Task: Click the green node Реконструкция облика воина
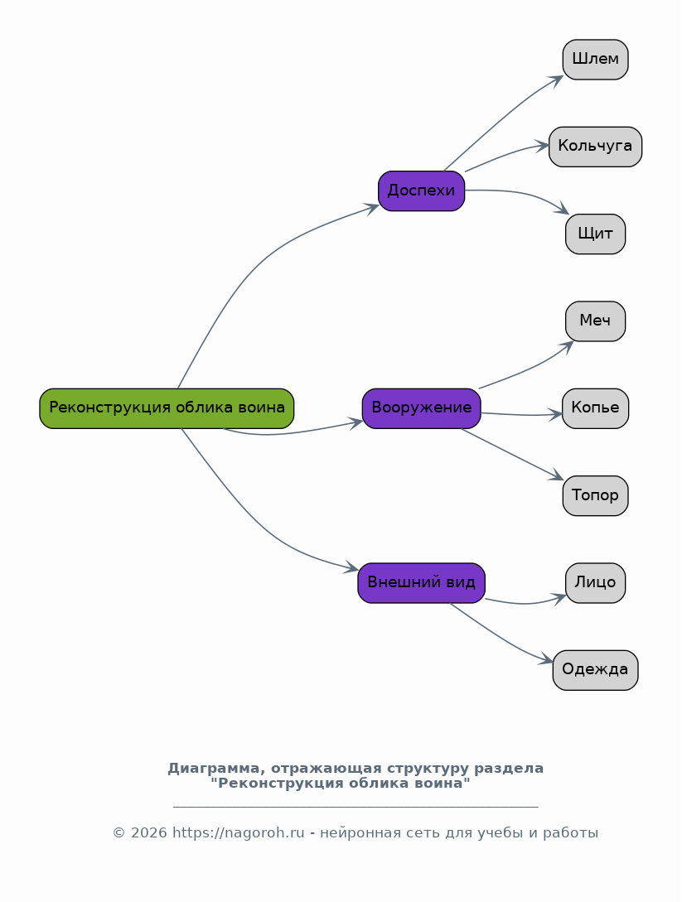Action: click(167, 408)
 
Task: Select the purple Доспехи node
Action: click(421, 191)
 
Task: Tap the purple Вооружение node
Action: click(421, 408)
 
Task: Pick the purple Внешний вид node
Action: click(421, 583)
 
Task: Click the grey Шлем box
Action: click(595, 60)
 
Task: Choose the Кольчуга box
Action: click(595, 147)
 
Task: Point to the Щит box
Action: click(595, 234)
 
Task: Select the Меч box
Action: click(595, 321)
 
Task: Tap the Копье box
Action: click(595, 408)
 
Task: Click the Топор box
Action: click(595, 496)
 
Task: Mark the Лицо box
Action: click(595, 583)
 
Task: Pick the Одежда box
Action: click(595, 670)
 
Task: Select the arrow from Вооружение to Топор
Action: click(512, 454)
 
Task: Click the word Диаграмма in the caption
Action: click(216, 769)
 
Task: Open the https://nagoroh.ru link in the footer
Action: click(239, 833)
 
